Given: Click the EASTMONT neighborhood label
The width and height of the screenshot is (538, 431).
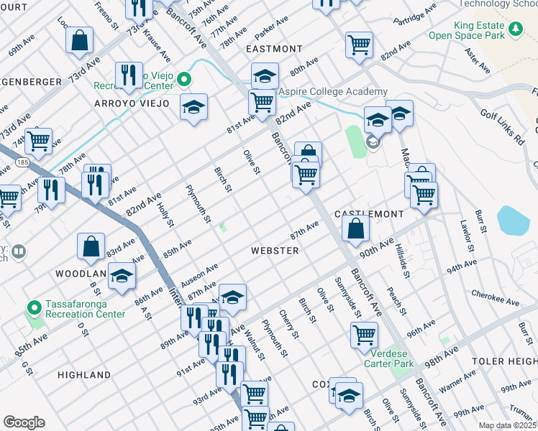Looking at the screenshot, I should point(274,49).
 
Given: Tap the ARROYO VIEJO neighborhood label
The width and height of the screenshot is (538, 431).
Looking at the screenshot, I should point(132,103).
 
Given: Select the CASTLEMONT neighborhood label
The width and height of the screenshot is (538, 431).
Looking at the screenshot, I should point(368,215).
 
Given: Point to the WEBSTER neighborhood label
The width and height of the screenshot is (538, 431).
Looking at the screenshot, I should point(275,251).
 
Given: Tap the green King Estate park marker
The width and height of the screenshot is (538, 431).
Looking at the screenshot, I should point(515,28).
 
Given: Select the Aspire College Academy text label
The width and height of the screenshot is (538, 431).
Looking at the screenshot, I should point(333,92).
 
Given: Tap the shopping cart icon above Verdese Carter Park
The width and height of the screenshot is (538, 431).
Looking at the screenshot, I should point(365,334).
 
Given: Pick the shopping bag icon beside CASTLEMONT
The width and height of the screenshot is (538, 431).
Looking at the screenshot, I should point(355,229).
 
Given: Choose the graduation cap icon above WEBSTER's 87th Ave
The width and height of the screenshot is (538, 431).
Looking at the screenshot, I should point(232,296).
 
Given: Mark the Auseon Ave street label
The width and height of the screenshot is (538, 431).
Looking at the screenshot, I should point(202,273).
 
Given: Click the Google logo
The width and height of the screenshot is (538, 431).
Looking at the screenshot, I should point(24,422).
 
